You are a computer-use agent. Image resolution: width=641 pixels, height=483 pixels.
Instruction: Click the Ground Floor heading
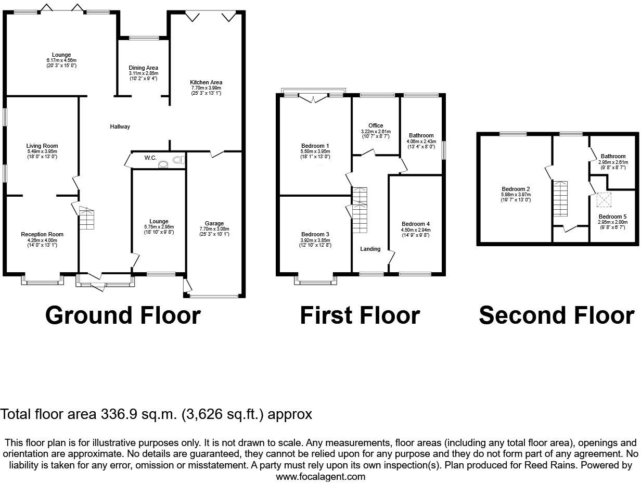tap(123, 315)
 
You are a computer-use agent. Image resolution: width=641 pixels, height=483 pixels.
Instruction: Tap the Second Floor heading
tap(556, 315)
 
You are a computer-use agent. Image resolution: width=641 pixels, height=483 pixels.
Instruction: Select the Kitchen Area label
tap(206, 82)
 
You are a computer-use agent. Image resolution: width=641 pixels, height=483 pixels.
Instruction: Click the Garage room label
tap(214, 224)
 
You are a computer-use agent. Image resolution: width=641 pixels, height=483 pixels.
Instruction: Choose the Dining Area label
tap(143, 68)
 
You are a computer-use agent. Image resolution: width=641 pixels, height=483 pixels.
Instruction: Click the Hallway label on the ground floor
tap(120, 126)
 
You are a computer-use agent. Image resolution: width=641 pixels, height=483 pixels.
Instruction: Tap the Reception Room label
tap(42, 234)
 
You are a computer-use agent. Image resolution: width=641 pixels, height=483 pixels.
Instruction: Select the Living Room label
tap(42, 146)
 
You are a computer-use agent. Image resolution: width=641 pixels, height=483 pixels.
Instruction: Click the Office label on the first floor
tap(376, 125)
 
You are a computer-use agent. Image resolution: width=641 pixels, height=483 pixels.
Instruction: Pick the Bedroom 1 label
tap(315, 146)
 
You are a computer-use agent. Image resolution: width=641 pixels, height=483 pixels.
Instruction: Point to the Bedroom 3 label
tap(315, 234)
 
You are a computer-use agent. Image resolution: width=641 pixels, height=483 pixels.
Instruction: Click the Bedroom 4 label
tap(416, 224)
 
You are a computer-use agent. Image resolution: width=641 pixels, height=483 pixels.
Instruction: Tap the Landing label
tap(370, 249)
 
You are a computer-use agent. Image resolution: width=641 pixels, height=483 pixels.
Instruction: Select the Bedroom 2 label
tap(516, 189)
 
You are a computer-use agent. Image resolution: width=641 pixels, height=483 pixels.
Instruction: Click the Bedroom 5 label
tap(612, 217)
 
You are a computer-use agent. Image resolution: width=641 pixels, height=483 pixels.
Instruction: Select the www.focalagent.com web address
tap(320, 476)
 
